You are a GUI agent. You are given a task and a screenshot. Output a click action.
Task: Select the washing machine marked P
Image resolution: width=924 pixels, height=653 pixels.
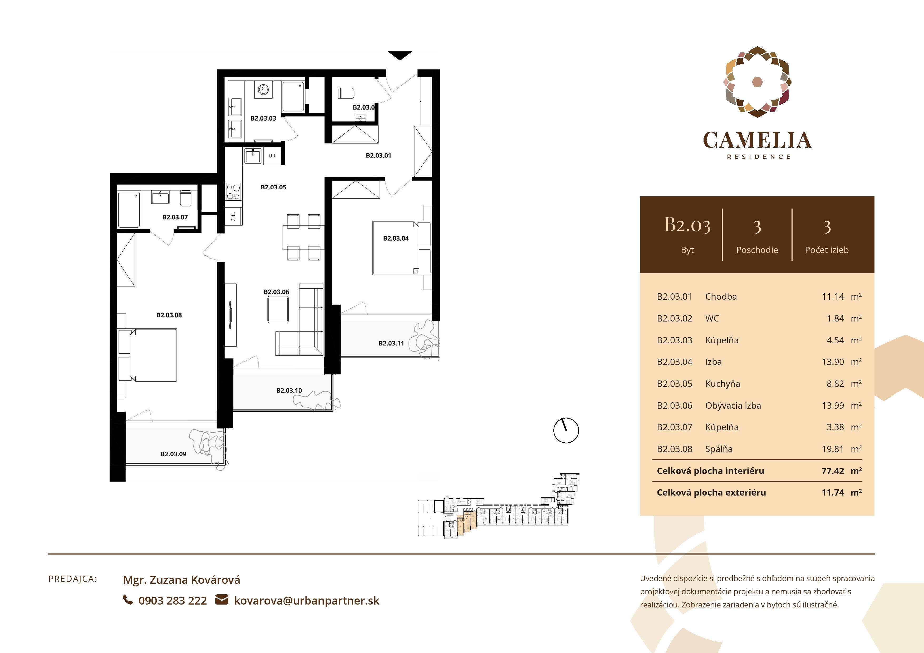[x=263, y=89]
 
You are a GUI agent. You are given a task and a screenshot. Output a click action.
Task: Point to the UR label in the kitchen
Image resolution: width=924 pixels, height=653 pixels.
[x=272, y=156]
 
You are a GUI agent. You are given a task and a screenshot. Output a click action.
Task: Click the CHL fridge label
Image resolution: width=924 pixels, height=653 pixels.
[x=233, y=216]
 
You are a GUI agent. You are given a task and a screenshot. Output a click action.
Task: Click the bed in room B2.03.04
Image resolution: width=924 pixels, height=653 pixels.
[x=396, y=248]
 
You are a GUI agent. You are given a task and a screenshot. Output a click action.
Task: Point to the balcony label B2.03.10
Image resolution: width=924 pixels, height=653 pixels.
[x=289, y=390]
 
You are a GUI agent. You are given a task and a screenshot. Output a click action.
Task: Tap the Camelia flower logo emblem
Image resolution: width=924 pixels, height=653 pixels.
[x=757, y=82]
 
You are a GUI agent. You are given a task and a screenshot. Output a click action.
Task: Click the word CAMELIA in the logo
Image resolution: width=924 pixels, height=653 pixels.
[x=757, y=140]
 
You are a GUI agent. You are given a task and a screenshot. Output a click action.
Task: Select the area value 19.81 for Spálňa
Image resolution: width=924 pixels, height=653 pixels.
[x=832, y=449]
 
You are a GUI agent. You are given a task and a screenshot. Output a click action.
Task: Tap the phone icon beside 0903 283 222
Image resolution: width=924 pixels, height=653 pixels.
[x=127, y=600]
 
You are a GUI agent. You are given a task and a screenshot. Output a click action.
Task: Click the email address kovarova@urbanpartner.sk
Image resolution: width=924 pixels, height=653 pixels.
[x=307, y=601]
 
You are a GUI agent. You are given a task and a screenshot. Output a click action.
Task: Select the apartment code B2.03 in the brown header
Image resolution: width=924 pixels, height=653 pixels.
[x=687, y=225]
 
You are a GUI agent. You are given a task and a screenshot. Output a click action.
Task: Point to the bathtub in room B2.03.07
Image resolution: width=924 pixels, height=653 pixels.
[x=129, y=210]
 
